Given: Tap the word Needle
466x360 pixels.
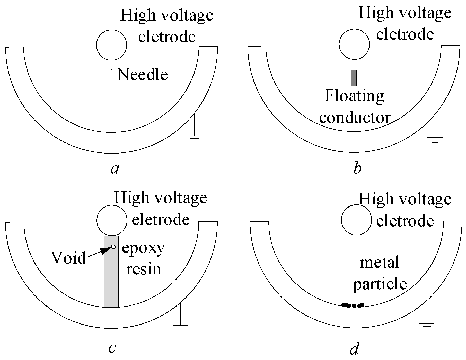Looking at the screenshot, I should pos(142,75).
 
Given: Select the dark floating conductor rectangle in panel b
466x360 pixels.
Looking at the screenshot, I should pos(354,78).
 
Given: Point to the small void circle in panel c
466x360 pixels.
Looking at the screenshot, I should pos(113,247).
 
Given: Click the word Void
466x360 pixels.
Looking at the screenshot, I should pos(69,258).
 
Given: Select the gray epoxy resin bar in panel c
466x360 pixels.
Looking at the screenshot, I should pos(111,278).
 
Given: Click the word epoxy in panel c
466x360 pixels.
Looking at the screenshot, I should pos(143,248).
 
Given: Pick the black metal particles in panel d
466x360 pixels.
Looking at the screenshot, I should pos(353,305).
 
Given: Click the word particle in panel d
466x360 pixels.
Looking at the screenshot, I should pos(380,284).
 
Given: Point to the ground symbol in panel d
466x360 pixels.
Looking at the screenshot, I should pos(427,326).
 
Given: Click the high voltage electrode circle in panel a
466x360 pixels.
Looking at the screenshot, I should pos(111,45).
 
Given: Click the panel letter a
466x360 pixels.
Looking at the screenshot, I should pos(115,169).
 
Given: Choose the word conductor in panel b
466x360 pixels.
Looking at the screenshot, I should pos(355,118).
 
